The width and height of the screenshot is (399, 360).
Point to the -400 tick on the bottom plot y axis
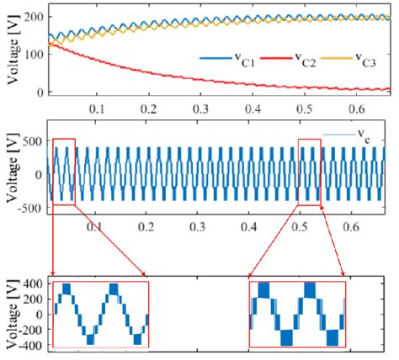click(x=31, y=343)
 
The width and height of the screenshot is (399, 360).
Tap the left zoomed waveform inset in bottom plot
click(x=100, y=315)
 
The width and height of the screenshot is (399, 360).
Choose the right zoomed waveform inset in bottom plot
click(x=297, y=315)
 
